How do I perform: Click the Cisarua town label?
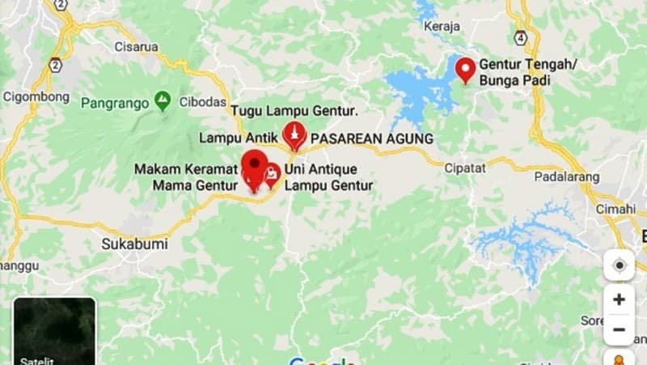point(137,46)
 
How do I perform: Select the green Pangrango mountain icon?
point(163,100)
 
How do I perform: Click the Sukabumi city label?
point(129,242)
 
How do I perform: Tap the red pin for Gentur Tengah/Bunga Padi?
point(465,69)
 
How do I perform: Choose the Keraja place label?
point(442,26)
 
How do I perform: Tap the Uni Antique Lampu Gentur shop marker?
point(273,173)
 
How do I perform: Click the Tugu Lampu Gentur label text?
point(294,110)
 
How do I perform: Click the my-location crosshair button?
point(619,265)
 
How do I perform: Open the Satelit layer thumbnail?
point(54,331)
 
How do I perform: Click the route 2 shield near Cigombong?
point(55,65)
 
